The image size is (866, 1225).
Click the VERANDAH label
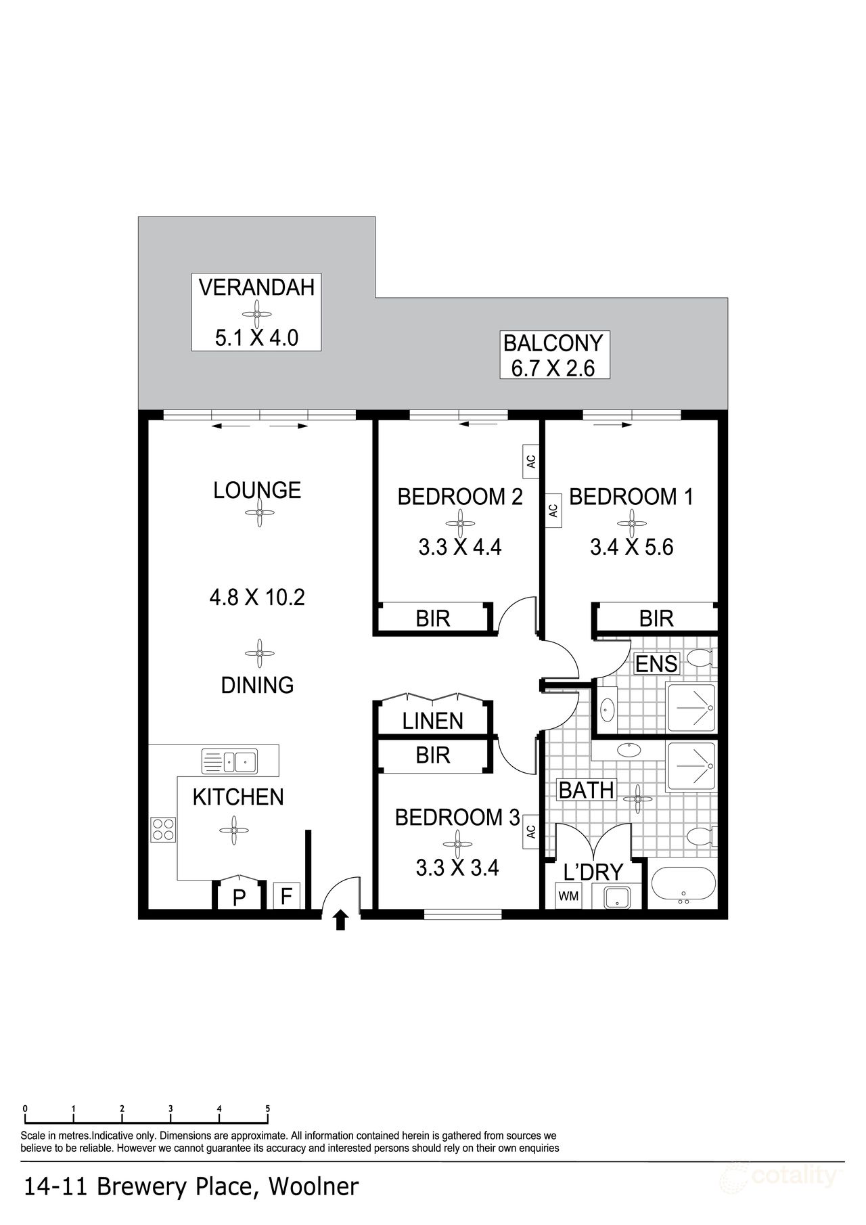tap(256, 287)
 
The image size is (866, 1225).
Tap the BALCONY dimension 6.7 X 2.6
tap(553, 368)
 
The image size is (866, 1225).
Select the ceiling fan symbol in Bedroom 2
tap(460, 523)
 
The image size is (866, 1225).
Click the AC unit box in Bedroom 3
tap(531, 830)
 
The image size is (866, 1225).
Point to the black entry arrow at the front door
tap(341, 920)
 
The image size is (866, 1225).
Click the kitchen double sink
tap(229, 761)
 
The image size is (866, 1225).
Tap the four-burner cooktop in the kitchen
tap(163, 829)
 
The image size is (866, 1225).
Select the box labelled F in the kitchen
tap(286, 897)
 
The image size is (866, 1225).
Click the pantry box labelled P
tap(238, 897)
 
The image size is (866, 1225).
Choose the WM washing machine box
tap(568, 896)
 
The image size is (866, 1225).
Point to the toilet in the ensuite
tap(701, 657)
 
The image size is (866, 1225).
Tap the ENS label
tap(656, 664)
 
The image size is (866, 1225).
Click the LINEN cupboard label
tap(433, 721)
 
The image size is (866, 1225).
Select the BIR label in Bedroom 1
tap(656, 618)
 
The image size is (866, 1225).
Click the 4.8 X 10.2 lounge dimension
tap(257, 597)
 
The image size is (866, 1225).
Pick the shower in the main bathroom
tap(691, 767)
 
